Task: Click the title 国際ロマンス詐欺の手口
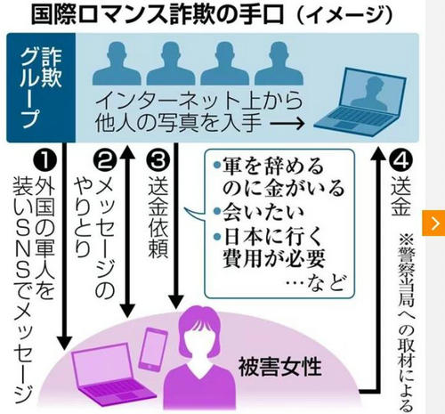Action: tap(158, 15)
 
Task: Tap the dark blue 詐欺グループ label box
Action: tap(41, 87)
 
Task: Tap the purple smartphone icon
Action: tap(153, 348)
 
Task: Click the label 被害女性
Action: tap(280, 367)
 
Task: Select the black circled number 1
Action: tap(44, 159)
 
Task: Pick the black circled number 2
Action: tap(105, 159)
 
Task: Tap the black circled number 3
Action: tap(158, 159)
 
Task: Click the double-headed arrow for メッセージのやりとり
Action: tap(127, 231)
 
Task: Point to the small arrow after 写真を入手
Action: tap(287, 123)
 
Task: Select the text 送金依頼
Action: tap(158, 217)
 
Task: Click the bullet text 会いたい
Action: tap(263, 213)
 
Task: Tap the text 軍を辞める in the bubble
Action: tap(272, 166)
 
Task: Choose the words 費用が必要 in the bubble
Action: tap(274, 258)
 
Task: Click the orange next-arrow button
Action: tap(433, 223)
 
